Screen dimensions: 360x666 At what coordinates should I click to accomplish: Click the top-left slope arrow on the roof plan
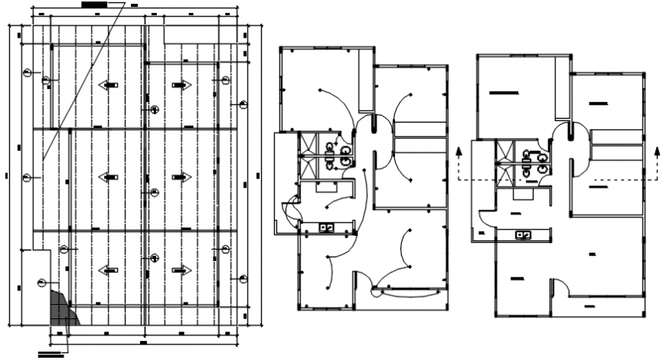point(109,85)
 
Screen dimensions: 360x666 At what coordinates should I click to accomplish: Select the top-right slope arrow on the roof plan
point(181,85)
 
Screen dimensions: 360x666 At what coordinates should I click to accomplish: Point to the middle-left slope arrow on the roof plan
point(109,177)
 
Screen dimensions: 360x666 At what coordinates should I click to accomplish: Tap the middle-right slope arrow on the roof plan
point(181,177)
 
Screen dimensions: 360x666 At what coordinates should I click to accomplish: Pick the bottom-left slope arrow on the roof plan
point(109,270)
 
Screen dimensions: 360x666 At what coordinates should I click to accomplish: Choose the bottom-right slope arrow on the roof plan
point(181,270)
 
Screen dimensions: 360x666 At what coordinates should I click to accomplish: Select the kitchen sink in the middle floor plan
point(326,227)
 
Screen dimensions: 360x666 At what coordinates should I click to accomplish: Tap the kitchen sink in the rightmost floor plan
point(524,234)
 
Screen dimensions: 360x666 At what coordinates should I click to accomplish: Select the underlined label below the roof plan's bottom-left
point(50,355)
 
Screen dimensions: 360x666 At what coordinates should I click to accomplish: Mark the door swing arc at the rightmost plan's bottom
point(560,283)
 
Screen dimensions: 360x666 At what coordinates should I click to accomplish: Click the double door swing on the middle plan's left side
point(290,210)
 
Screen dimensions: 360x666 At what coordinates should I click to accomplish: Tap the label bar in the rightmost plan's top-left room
point(504,93)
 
